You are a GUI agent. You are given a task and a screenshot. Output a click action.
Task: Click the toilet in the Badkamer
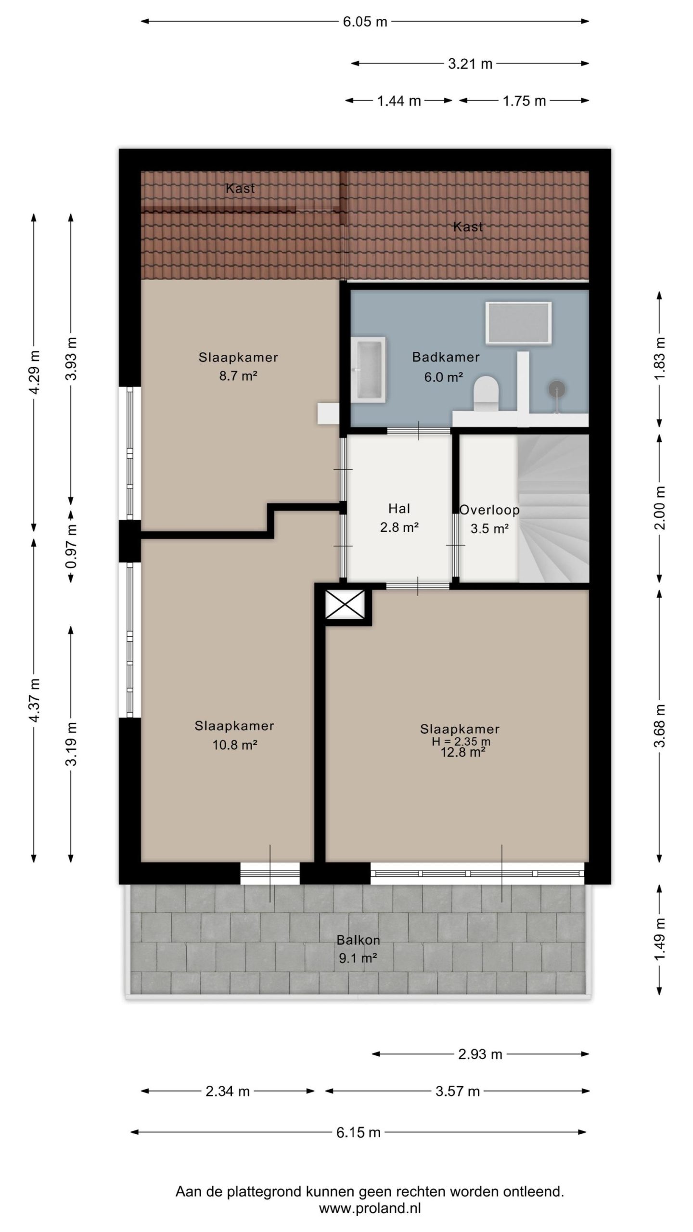click(x=486, y=394)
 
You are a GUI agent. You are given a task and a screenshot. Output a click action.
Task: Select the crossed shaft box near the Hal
click(x=345, y=604)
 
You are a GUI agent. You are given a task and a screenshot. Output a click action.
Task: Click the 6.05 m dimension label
click(x=365, y=22)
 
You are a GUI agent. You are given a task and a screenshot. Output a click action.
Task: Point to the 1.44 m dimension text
click(x=399, y=101)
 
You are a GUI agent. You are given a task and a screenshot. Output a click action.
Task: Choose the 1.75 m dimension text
click(x=525, y=101)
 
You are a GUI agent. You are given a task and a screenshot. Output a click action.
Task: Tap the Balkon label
click(x=359, y=940)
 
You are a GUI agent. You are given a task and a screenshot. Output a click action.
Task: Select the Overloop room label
click(x=489, y=510)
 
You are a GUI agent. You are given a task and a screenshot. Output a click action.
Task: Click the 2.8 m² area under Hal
click(x=399, y=527)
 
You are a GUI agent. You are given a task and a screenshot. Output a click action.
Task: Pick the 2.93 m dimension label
click(x=480, y=1054)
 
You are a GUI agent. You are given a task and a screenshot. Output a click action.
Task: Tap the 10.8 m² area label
click(x=235, y=745)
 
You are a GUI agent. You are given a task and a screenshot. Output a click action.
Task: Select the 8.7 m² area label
click(x=238, y=376)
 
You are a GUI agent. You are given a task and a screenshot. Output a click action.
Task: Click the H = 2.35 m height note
click(x=461, y=742)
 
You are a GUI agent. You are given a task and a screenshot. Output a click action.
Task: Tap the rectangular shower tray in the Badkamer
click(x=518, y=323)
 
